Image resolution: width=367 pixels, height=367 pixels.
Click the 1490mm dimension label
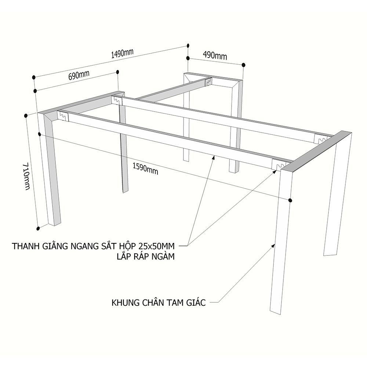(x=122, y=53)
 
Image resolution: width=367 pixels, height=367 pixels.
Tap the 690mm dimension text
(x=79, y=75)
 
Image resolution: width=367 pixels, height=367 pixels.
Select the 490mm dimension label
(x=215, y=55)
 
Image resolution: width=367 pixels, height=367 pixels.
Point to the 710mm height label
(x=27, y=176)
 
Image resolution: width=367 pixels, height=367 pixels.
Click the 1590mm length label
(x=145, y=169)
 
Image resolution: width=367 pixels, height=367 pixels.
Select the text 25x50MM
(x=157, y=246)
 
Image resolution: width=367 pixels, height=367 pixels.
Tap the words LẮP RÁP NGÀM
(x=146, y=257)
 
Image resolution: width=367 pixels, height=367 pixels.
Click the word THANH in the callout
(x=26, y=246)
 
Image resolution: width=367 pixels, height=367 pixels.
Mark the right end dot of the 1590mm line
(x=290, y=200)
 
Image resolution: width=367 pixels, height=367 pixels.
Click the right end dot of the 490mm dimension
(x=243, y=65)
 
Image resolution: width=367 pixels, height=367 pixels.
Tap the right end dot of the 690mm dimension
(x=117, y=72)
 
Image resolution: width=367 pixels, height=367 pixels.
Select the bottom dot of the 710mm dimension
(x=39, y=228)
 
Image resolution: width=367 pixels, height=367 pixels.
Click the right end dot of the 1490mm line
(x=188, y=46)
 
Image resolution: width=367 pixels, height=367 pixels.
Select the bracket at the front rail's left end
(x=63, y=116)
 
